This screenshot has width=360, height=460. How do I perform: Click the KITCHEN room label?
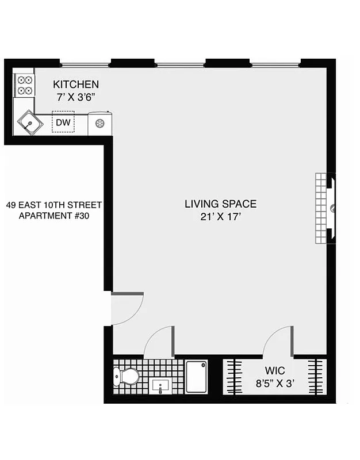point(76,85)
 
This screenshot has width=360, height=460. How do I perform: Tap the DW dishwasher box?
point(63,122)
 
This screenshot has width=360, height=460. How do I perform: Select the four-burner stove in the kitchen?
point(24,85)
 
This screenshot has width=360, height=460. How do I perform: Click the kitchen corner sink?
point(29,122)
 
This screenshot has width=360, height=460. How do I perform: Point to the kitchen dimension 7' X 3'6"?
point(76,97)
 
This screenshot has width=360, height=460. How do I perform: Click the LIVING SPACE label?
point(220,204)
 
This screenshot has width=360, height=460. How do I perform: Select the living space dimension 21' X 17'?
point(220,217)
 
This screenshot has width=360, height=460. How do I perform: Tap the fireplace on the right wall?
point(331,208)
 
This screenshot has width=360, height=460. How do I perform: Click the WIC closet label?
point(275,371)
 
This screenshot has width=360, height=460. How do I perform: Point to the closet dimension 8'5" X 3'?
point(275,384)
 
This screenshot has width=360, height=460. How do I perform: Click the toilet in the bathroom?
point(127,377)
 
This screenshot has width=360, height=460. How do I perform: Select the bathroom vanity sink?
point(160,386)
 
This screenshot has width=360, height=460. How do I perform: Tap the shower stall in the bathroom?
point(196,377)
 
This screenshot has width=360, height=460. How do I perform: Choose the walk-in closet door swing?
point(278,340)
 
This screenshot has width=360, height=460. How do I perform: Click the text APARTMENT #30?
point(54,216)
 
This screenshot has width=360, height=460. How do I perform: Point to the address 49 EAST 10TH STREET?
point(54,205)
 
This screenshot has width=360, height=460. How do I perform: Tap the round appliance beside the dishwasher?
point(99,123)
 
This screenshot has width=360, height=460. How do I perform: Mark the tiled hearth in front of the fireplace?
point(320,208)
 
